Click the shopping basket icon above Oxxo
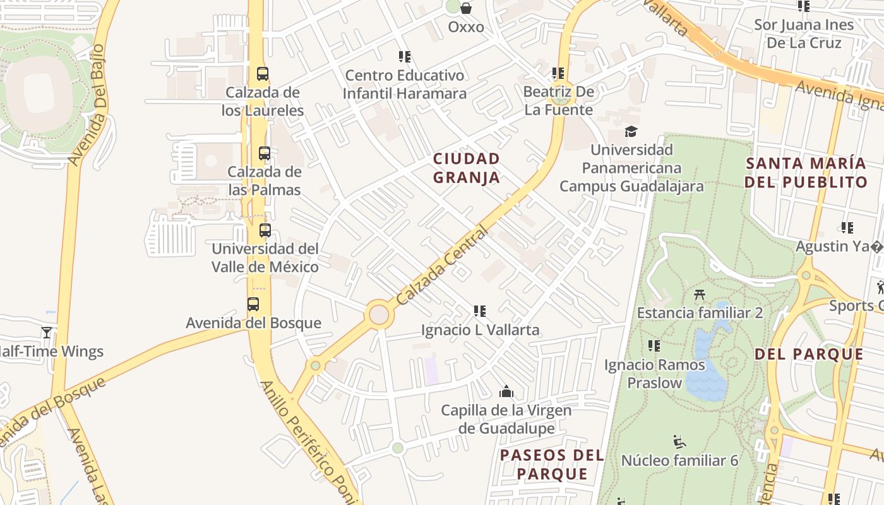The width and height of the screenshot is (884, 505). (466, 8)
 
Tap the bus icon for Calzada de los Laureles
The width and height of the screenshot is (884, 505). (263, 74)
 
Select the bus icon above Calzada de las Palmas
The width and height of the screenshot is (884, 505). (265, 153)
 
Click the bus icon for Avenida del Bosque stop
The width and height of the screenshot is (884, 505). (253, 304)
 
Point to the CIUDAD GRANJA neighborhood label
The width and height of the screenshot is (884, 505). (467, 168)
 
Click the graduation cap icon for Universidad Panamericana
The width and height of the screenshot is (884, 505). (631, 131)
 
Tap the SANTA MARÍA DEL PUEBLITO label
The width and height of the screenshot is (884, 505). (806, 172)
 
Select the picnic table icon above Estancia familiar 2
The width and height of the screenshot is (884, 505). (699, 294)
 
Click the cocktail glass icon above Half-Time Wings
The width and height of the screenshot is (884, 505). (47, 332)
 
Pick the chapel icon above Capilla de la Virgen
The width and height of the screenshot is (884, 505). (506, 391)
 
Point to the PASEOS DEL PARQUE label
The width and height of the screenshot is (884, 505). (552, 464)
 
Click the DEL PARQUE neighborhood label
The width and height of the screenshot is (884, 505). (809, 354)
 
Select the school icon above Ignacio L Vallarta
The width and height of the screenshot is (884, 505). (480, 311)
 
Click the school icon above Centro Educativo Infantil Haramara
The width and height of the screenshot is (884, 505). (405, 57)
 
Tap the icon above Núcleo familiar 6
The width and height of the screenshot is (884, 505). (679, 441)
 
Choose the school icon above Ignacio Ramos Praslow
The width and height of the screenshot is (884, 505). (654, 346)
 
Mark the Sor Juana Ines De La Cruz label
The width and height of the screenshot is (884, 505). (804, 34)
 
